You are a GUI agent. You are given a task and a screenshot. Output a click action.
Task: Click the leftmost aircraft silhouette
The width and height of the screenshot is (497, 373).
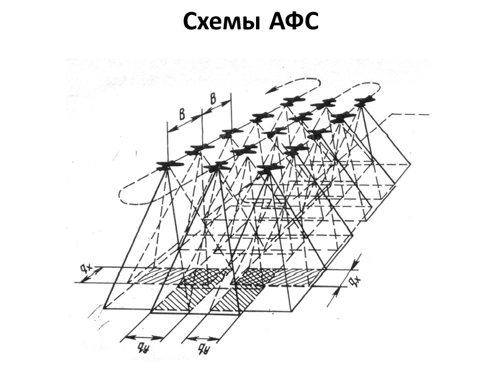169,165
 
